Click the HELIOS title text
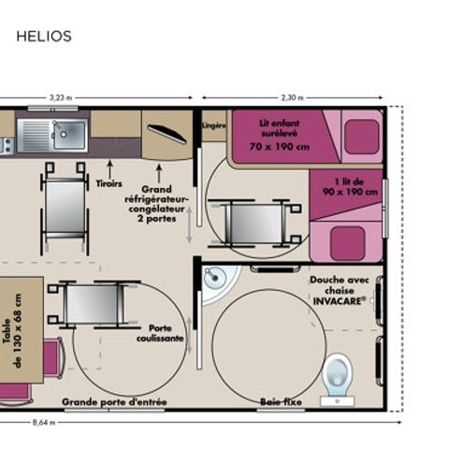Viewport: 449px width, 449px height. click(x=44, y=36)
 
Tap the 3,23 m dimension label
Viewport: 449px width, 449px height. click(x=61, y=97)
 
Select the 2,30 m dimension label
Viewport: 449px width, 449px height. click(x=291, y=97)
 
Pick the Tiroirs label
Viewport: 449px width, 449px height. click(x=110, y=183)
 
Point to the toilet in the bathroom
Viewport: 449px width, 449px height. click(x=336, y=375)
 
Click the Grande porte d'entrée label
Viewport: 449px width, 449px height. click(x=114, y=402)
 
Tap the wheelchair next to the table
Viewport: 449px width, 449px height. click(x=91, y=303)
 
